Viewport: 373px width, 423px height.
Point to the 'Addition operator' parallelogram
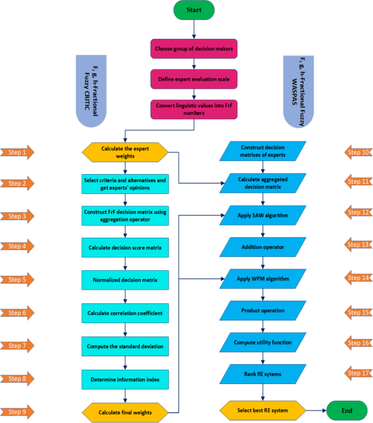pyautogui.click(x=264, y=246)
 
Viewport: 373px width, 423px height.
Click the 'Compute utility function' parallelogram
pyautogui.click(x=264, y=341)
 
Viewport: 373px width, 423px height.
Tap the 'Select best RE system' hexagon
pyautogui.click(x=263, y=409)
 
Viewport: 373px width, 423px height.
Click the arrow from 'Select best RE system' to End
pyautogui.click(x=315, y=409)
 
